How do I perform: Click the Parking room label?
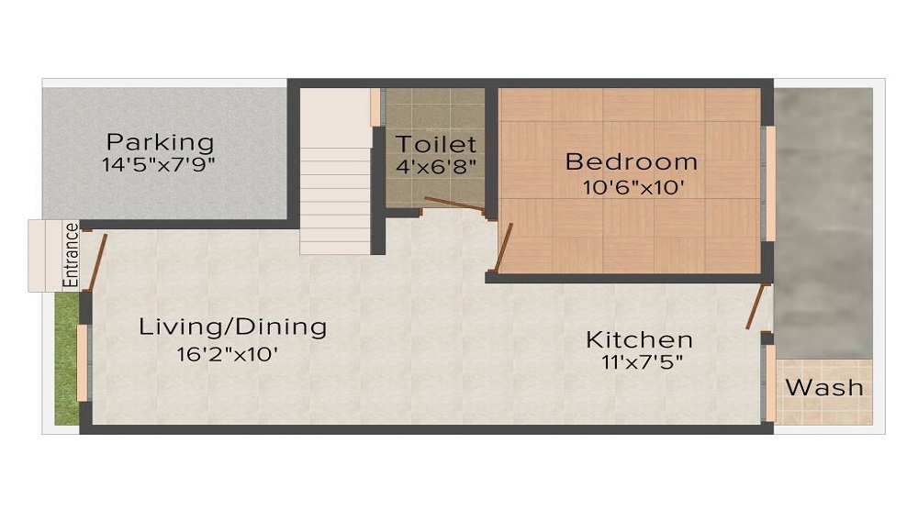pyautogui.click(x=160, y=143)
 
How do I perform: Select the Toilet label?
pyautogui.click(x=436, y=144)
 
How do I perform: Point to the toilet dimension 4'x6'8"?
pyautogui.click(x=436, y=167)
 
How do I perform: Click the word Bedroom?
pyautogui.click(x=631, y=162)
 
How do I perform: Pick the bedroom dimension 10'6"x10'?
pyautogui.click(x=631, y=188)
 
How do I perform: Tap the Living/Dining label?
pyautogui.click(x=232, y=327)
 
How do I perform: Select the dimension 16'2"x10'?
pyautogui.click(x=228, y=354)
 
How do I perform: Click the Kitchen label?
pyautogui.click(x=639, y=340)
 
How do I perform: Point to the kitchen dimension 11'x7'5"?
pyautogui.click(x=639, y=363)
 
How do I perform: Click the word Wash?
pyautogui.click(x=824, y=387)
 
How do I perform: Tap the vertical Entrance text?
pyautogui.click(x=70, y=255)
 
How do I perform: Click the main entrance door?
pyautogui.click(x=95, y=261)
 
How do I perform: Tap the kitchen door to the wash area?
pyautogui.click(x=756, y=305)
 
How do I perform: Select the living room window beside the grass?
pyautogui.click(x=83, y=362)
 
